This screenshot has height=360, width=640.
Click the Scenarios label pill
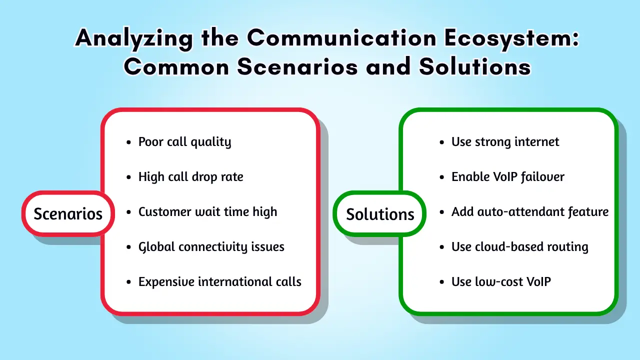67,213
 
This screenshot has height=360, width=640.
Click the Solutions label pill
379,214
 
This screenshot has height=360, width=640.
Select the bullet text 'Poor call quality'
184,142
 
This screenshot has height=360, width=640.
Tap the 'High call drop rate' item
190,177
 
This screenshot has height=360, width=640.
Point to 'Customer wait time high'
207,212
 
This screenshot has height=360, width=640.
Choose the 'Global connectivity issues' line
211,247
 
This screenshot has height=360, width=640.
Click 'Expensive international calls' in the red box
219,282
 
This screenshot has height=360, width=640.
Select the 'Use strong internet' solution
505,142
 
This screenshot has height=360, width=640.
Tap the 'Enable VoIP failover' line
507,177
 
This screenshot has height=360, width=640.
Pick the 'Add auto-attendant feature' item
529,212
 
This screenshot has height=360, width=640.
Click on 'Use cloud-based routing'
519,247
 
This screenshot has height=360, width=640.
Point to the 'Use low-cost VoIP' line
500,282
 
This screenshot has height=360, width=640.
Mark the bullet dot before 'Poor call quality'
128,142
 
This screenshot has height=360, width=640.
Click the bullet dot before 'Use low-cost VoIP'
441,282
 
